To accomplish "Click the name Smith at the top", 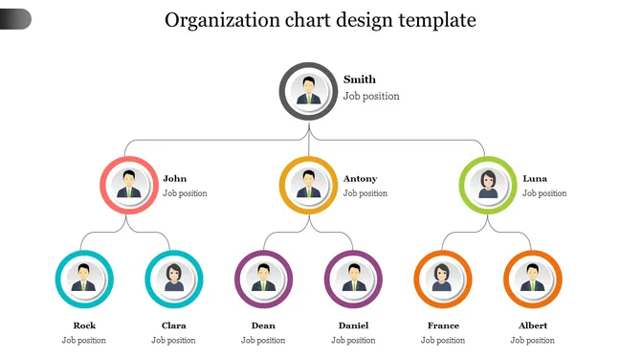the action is click(360, 79).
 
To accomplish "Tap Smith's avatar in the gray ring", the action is click(309, 91).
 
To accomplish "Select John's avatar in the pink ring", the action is click(129, 185).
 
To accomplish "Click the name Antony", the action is click(360, 179).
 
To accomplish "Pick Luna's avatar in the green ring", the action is click(488, 185).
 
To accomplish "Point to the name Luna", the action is click(535, 179).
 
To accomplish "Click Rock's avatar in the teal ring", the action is click(84, 279).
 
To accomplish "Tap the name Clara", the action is click(174, 326).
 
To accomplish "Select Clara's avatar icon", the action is click(174, 279).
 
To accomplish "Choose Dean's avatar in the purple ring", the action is click(264, 279).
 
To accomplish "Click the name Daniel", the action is click(354, 326).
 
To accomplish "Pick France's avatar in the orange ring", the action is click(443, 279).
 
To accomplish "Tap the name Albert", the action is click(533, 326).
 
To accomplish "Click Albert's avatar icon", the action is click(533, 279).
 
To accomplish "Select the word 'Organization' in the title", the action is click(222, 20).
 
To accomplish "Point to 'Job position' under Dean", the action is click(263, 340).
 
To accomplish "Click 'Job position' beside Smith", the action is click(371, 96).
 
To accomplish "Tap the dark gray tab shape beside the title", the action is click(15, 19).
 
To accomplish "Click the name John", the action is click(174, 179).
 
